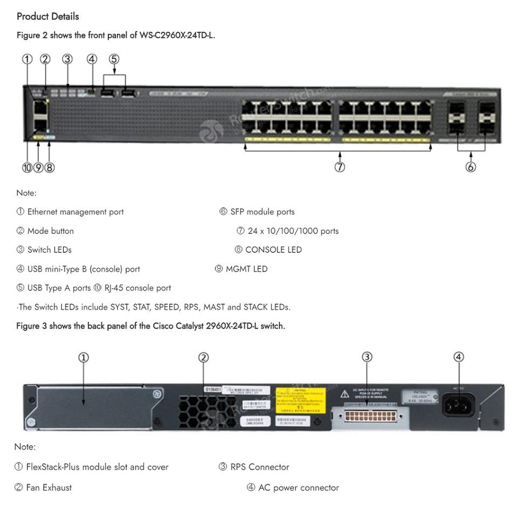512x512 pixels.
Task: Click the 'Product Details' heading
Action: click(x=48, y=17)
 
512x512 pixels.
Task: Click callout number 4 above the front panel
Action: click(x=92, y=59)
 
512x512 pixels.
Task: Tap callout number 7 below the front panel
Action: click(x=340, y=167)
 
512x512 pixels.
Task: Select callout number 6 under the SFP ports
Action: click(x=471, y=167)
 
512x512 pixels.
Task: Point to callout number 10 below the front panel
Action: click(x=27, y=167)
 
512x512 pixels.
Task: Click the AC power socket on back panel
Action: click(x=459, y=404)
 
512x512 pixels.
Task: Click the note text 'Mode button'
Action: click(x=51, y=231)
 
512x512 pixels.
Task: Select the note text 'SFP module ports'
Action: click(x=262, y=212)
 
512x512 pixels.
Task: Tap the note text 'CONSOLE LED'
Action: click(x=273, y=250)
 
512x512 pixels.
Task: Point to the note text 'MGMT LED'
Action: click(x=246, y=269)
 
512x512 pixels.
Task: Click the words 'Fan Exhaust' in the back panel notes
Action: click(x=50, y=487)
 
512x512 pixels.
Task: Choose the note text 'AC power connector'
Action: click(x=299, y=488)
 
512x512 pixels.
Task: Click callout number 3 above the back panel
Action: click(x=366, y=357)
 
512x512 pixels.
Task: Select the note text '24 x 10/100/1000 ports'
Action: click(x=293, y=231)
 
